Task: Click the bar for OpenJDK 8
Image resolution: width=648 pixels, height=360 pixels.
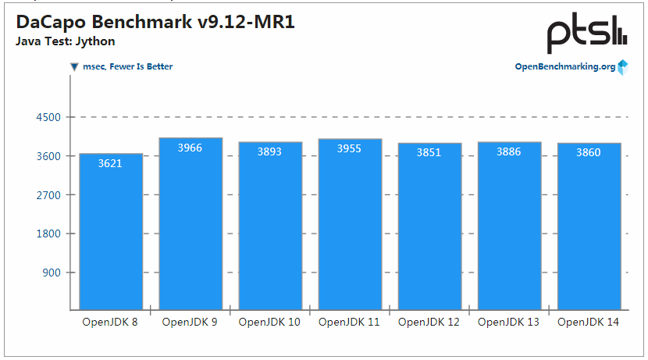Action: coord(110,234)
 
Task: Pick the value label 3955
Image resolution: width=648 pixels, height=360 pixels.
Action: coord(349,148)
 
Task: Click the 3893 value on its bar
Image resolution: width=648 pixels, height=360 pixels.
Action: coord(270,151)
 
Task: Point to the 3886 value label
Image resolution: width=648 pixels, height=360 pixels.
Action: coord(509,151)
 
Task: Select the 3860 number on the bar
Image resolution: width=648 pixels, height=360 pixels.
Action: coord(589,152)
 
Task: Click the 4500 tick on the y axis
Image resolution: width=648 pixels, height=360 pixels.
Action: coord(48,117)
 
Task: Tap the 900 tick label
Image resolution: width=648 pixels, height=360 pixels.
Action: coord(52,273)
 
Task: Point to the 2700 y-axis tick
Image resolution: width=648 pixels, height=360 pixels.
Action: coord(48,194)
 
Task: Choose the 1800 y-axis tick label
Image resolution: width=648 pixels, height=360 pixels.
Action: coord(48,233)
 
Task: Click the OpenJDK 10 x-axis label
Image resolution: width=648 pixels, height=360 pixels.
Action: coord(269,322)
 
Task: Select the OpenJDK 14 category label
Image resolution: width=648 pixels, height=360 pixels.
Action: coord(589,322)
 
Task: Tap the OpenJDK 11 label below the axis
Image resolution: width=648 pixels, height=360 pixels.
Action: coord(349,322)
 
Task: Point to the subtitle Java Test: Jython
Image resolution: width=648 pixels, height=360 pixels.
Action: coord(66,41)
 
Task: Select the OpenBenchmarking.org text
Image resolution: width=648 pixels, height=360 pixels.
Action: coord(564,66)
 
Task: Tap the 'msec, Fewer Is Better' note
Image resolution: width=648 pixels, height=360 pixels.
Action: coord(127,66)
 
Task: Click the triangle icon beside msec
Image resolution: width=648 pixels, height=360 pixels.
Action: coord(74,67)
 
